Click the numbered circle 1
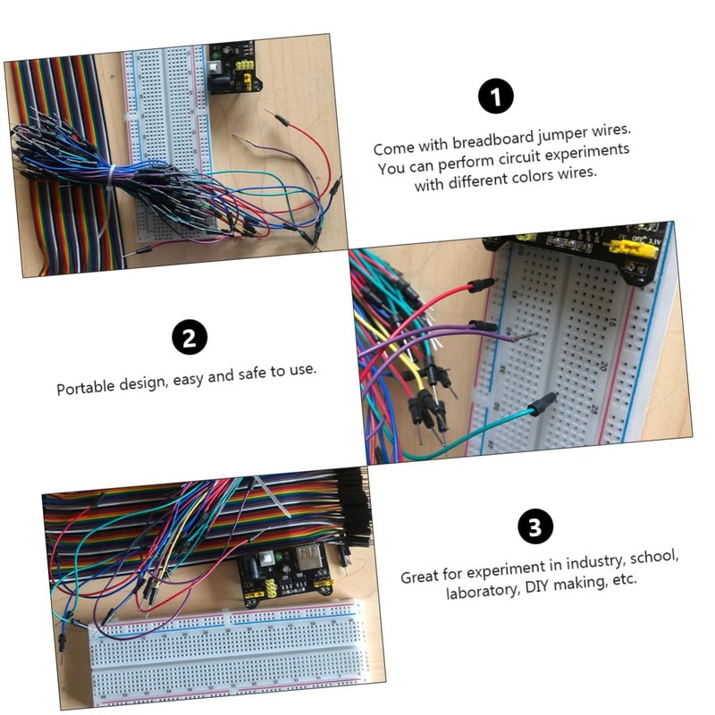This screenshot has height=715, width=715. (496, 97)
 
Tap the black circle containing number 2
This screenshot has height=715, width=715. (189, 339)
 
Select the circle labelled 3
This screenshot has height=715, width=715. (534, 527)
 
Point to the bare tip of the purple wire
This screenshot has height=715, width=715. (528, 338)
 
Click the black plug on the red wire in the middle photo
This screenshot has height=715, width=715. (481, 284)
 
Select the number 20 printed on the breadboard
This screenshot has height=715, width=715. (603, 366)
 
